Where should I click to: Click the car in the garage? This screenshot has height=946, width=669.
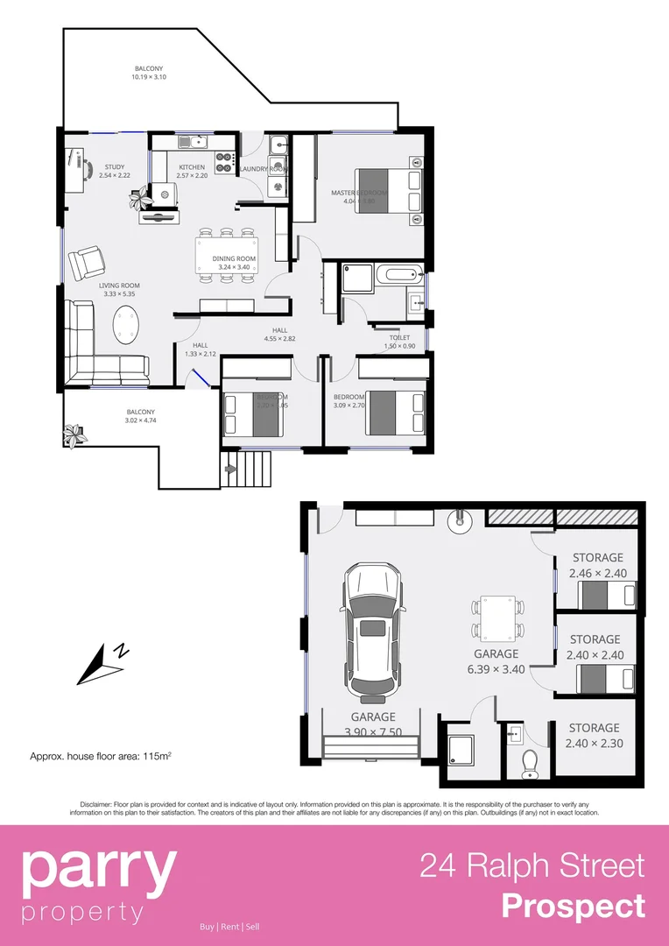(x=373, y=631)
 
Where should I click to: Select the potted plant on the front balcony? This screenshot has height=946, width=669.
(x=75, y=434)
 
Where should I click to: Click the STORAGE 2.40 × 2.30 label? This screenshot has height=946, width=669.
(x=594, y=736)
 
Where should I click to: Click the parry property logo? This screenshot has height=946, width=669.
(x=99, y=884)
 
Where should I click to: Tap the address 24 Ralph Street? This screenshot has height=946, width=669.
(x=532, y=865)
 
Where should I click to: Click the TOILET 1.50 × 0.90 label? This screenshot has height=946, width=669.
(x=399, y=341)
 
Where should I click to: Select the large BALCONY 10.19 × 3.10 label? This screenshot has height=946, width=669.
(x=148, y=73)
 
